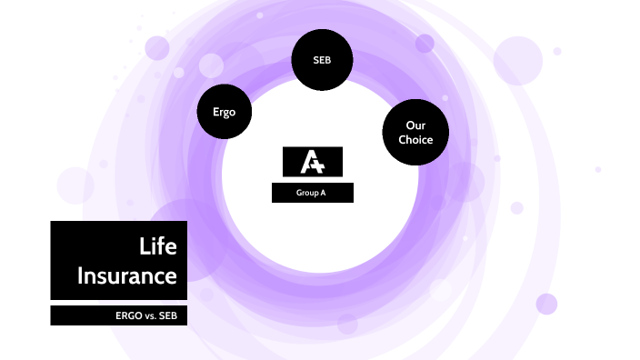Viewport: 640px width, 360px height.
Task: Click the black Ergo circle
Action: (x=224, y=112)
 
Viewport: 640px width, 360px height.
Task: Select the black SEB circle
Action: (x=321, y=61)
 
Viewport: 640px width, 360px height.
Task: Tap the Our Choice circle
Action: (x=415, y=132)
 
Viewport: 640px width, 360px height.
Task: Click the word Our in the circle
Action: (x=415, y=125)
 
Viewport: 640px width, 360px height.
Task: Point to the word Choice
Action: (x=415, y=139)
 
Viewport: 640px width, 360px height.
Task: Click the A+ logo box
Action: (x=313, y=161)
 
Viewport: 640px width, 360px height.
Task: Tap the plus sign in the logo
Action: (x=320, y=165)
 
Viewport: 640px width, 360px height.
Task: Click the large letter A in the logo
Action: (x=308, y=162)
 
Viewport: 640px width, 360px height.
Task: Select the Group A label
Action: (x=312, y=193)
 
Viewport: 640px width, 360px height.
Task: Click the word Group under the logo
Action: (x=307, y=193)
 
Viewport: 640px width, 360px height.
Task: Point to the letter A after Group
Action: (x=323, y=193)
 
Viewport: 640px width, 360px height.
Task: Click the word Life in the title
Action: (x=158, y=246)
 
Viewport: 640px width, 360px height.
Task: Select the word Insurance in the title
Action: (x=126, y=275)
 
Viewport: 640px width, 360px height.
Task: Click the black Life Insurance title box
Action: (x=118, y=260)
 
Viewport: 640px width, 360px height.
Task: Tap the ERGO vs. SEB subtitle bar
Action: (x=118, y=315)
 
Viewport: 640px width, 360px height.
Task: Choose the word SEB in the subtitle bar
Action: (x=166, y=315)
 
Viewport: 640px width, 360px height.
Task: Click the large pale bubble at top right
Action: (x=517, y=60)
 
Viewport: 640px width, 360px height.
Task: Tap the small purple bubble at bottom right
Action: (x=545, y=304)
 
